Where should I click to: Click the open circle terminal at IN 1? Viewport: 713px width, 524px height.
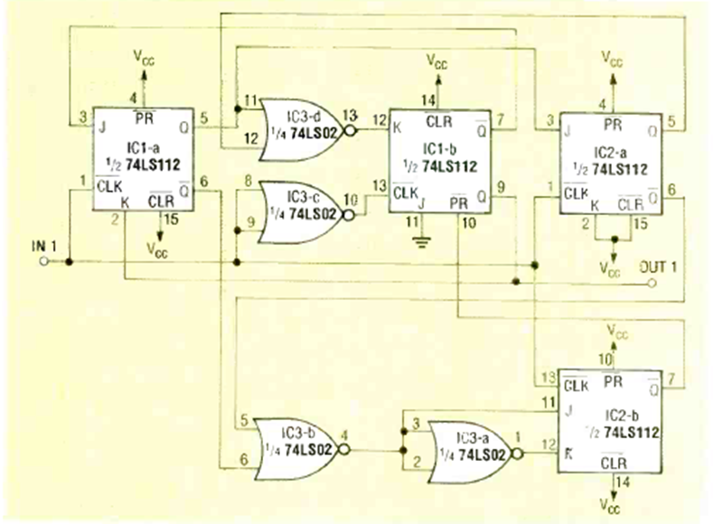[x=42, y=262]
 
